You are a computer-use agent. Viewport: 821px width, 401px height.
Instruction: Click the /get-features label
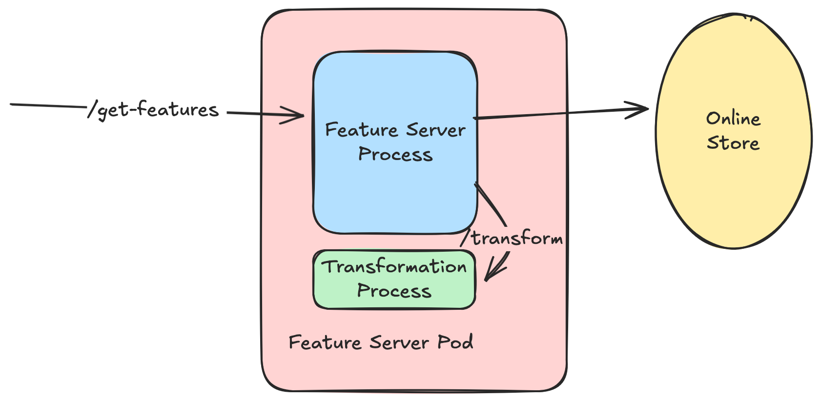(153, 110)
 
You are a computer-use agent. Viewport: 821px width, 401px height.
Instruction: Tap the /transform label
(512, 238)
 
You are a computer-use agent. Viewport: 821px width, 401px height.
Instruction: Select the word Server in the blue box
(436, 130)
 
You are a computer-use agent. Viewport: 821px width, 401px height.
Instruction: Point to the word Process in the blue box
(395, 154)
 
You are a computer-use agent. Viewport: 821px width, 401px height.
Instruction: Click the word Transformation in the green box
(394, 266)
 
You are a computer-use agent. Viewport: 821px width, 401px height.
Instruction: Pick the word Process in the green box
(394, 291)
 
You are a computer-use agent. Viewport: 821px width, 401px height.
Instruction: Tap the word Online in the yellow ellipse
(734, 119)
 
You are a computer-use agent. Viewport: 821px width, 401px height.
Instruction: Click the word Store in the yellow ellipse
(733, 143)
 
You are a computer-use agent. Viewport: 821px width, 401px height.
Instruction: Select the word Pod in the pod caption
(455, 342)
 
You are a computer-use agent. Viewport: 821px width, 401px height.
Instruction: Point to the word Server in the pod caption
(399, 342)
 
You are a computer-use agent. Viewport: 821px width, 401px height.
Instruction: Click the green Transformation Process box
(394, 280)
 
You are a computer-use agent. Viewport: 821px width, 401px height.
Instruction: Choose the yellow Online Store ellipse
(734, 131)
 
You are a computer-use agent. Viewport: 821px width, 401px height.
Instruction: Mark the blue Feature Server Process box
(395, 142)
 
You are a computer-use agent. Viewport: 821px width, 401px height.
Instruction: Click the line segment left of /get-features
(48, 105)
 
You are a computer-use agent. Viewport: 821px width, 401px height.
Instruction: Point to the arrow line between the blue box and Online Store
(561, 113)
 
